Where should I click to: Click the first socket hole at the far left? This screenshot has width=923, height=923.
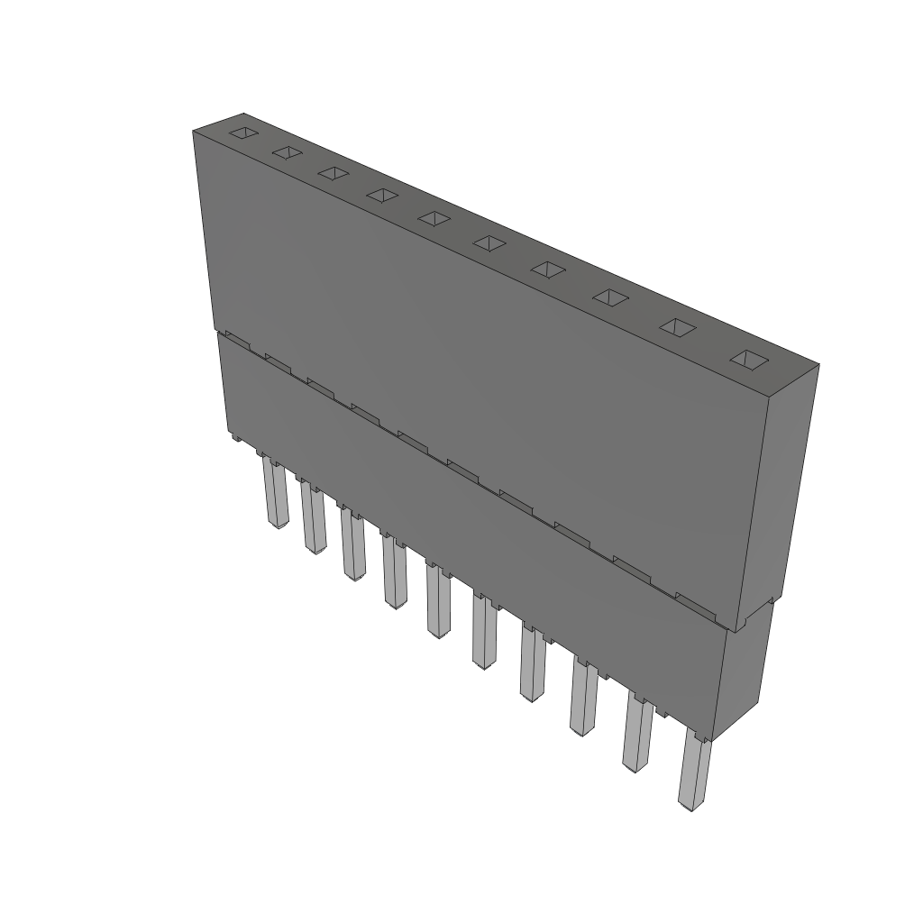pyautogui.click(x=242, y=134)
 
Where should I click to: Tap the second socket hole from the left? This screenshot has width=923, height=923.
pyautogui.click(x=287, y=153)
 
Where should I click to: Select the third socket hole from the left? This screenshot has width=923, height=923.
pyautogui.click(x=333, y=173)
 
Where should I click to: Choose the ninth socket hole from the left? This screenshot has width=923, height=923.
pyautogui.click(x=678, y=327)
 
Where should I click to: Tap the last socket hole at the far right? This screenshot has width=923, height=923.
pyautogui.click(x=748, y=360)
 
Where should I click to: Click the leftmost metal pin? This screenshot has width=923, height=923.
pyautogui.click(x=274, y=494)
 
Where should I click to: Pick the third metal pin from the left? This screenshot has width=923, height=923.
pyautogui.click(x=352, y=545)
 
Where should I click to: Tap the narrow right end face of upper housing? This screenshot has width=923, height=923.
pyautogui.click(x=780, y=496)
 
